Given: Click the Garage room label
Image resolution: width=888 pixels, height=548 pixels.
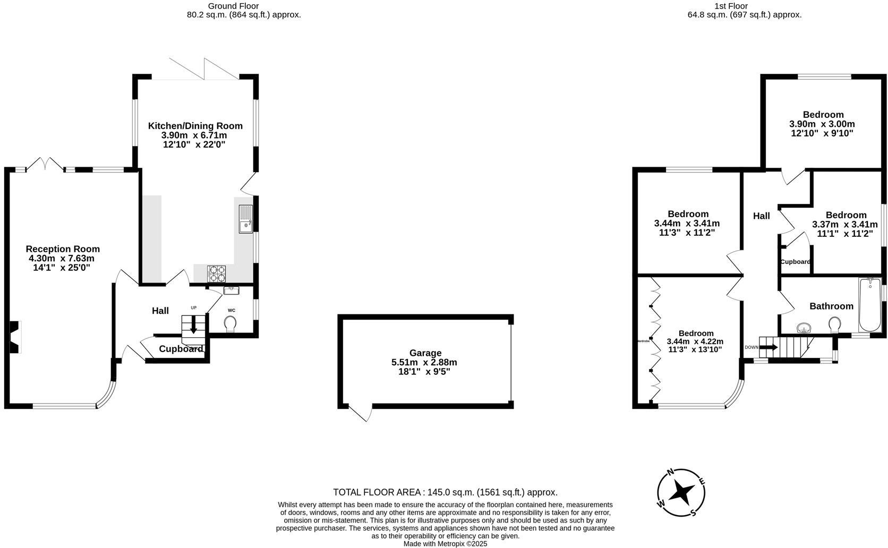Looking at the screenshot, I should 425,353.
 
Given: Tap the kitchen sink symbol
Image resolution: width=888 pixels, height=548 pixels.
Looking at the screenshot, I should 245,219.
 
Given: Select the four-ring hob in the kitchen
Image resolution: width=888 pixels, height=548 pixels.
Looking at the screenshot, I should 216,273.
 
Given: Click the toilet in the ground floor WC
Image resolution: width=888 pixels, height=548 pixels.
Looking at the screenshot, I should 230,323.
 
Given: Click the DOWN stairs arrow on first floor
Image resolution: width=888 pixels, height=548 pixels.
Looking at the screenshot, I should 769,348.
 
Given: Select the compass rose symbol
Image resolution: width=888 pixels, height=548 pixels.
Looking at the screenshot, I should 681,493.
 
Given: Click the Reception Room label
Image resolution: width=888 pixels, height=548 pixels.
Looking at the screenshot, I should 63,249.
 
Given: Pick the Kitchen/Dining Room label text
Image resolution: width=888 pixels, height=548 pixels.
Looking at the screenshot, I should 195,126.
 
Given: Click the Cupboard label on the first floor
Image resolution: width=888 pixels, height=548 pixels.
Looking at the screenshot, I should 795,262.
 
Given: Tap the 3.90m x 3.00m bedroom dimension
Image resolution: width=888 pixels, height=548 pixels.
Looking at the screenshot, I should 822,124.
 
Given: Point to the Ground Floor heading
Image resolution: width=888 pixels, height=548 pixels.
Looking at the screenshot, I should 233,6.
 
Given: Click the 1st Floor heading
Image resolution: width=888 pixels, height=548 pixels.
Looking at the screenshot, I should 731,6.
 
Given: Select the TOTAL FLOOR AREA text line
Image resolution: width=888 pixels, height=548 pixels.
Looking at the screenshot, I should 445,492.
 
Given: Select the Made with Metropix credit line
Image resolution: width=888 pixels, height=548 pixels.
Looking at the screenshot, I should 445,544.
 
